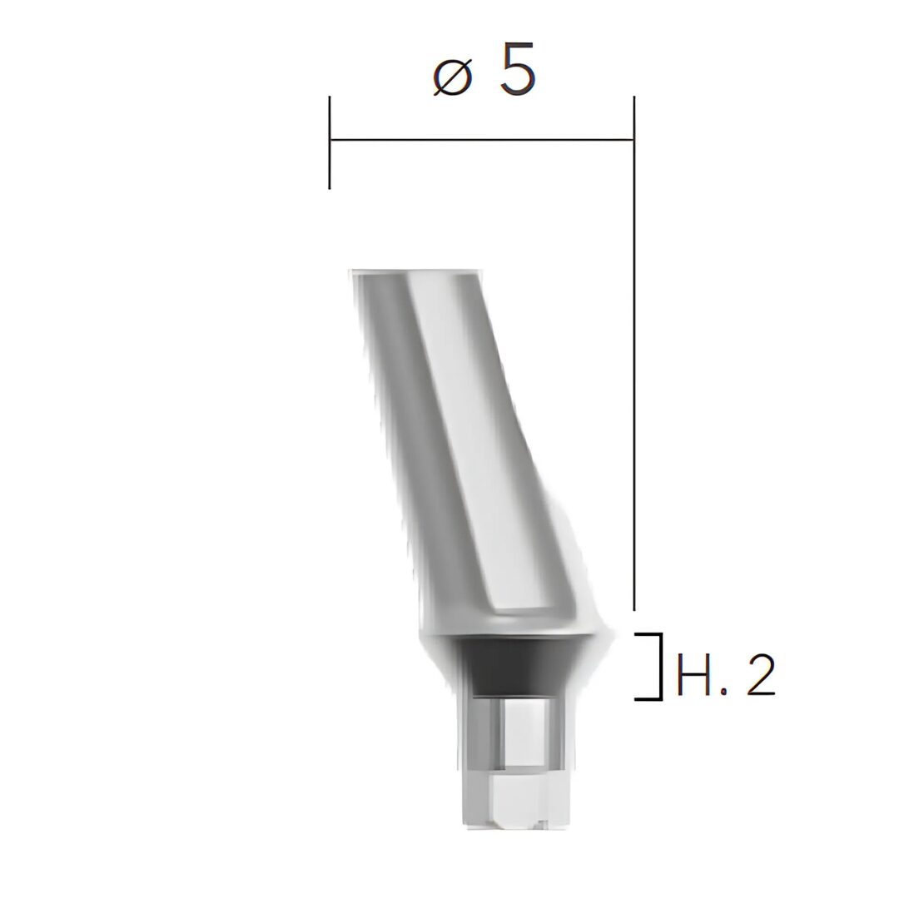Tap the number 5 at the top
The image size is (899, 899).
517,68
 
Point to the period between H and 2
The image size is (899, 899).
723,692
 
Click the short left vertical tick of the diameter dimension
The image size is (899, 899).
330,142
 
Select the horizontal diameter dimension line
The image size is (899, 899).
482,139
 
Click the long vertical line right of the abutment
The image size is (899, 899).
634,353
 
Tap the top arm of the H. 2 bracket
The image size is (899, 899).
648,634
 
